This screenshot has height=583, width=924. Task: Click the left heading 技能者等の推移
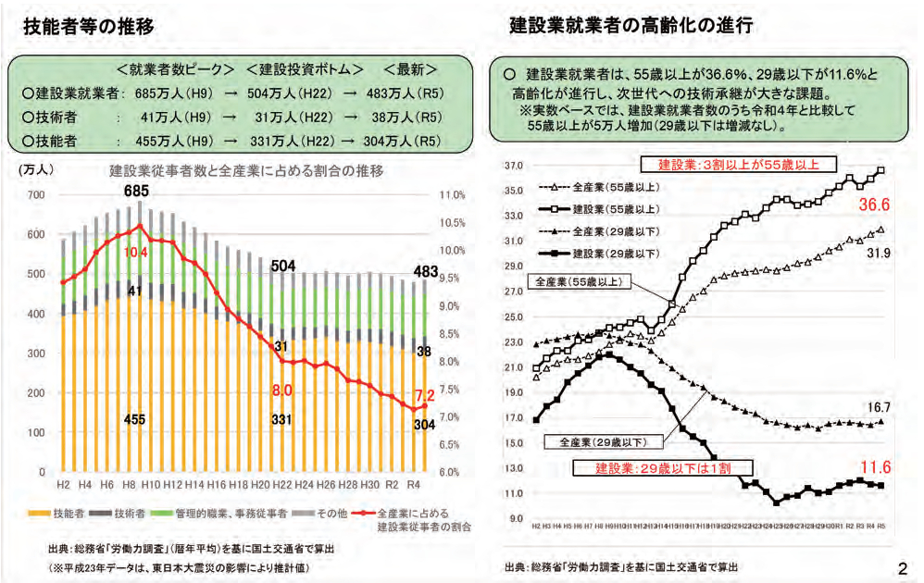pos(88,28)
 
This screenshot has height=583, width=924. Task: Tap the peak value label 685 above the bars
pos(137,192)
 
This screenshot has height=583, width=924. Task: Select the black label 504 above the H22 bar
pos(283,267)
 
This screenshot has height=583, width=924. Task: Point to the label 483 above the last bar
pos(425,271)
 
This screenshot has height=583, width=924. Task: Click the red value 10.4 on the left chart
pos(137,252)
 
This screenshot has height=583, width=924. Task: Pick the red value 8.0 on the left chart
pos(281,391)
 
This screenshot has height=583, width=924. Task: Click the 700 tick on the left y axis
pos(36,195)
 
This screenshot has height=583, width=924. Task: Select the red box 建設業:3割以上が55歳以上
pos(739,164)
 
